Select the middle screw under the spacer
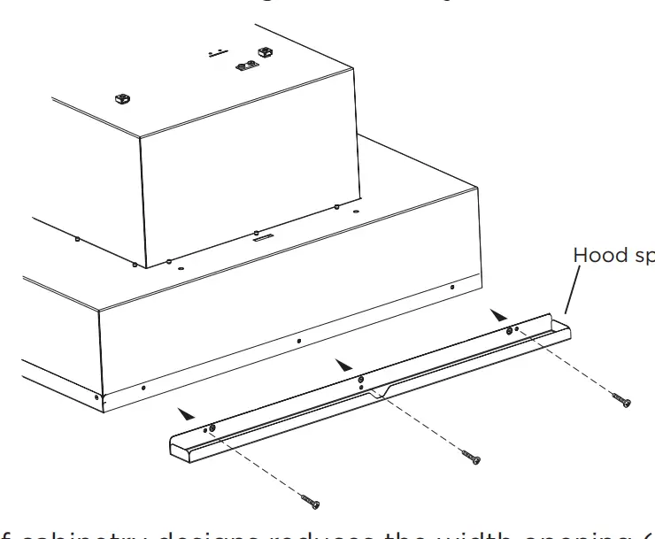click(471, 457)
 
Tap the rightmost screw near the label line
click(622, 401)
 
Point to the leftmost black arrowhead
click(184, 412)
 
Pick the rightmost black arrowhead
click(500, 314)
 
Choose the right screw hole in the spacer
click(511, 330)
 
